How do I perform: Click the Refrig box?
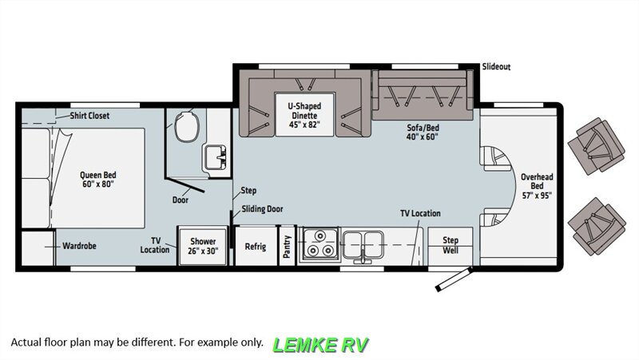256,246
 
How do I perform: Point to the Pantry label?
287,246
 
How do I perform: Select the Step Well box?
450,244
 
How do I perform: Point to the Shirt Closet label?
89,116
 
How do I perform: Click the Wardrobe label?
79,246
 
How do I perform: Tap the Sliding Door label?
262,209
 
